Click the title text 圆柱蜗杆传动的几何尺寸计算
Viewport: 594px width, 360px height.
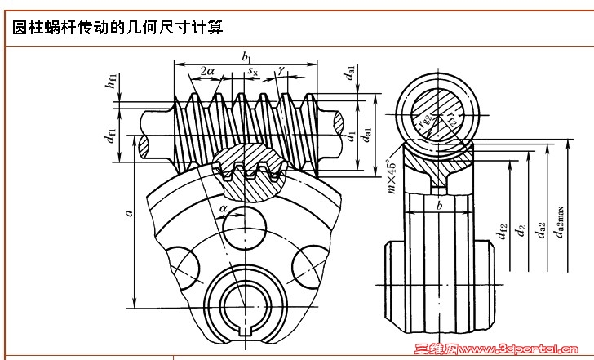117,28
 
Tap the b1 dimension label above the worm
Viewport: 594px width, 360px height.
246,56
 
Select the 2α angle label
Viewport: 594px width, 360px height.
207,72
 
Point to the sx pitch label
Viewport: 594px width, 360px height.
253,72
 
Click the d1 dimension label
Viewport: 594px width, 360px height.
351,136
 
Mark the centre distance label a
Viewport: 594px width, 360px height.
128,212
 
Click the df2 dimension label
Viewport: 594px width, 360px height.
503,233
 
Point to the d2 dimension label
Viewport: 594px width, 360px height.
521,233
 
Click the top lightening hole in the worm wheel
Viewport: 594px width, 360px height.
246,222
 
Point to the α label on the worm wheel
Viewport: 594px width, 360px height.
224,209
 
